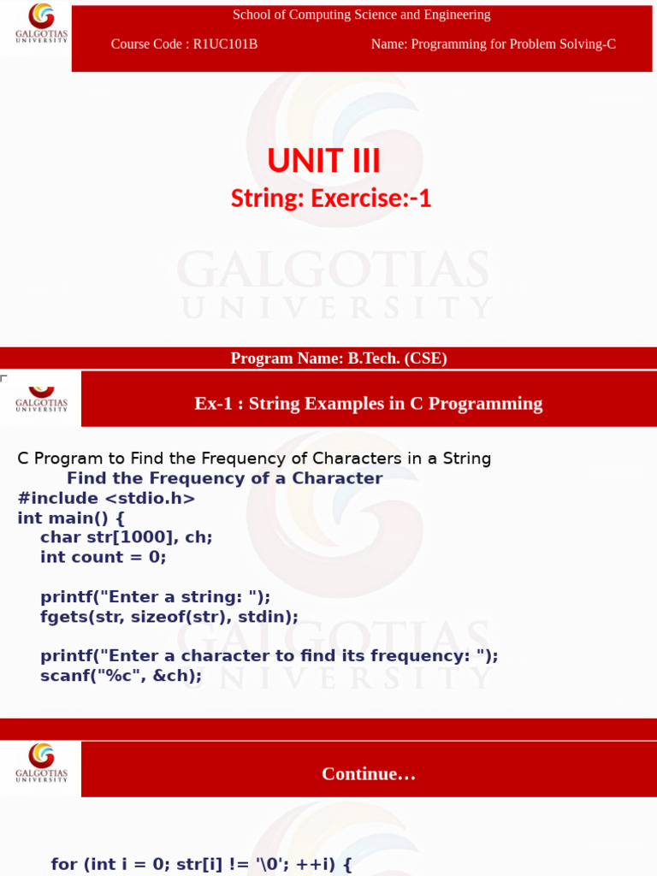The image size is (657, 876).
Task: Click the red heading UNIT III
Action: (x=323, y=161)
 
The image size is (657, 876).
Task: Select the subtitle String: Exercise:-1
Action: (x=331, y=198)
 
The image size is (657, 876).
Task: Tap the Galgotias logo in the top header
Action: (x=40, y=23)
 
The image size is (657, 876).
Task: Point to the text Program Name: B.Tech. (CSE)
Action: (x=339, y=358)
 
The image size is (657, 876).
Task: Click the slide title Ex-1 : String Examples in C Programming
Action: (x=368, y=403)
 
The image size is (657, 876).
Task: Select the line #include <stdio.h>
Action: (x=106, y=498)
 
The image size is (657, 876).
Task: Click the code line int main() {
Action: (x=71, y=518)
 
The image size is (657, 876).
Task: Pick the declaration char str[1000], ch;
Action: (x=126, y=537)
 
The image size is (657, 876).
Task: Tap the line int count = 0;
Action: (x=103, y=557)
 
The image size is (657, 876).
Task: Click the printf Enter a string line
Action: (x=155, y=597)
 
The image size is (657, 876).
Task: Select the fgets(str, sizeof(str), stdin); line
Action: (x=169, y=617)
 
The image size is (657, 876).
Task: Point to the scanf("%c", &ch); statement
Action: (x=121, y=676)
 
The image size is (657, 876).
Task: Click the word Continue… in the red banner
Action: (x=369, y=773)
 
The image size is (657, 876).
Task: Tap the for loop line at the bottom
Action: (x=201, y=864)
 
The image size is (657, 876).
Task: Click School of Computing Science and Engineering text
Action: (x=362, y=15)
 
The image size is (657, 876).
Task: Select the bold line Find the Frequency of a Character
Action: (x=224, y=478)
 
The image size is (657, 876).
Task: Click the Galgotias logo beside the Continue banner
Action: (x=40, y=762)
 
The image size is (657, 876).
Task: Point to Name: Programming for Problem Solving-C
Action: (x=493, y=44)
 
